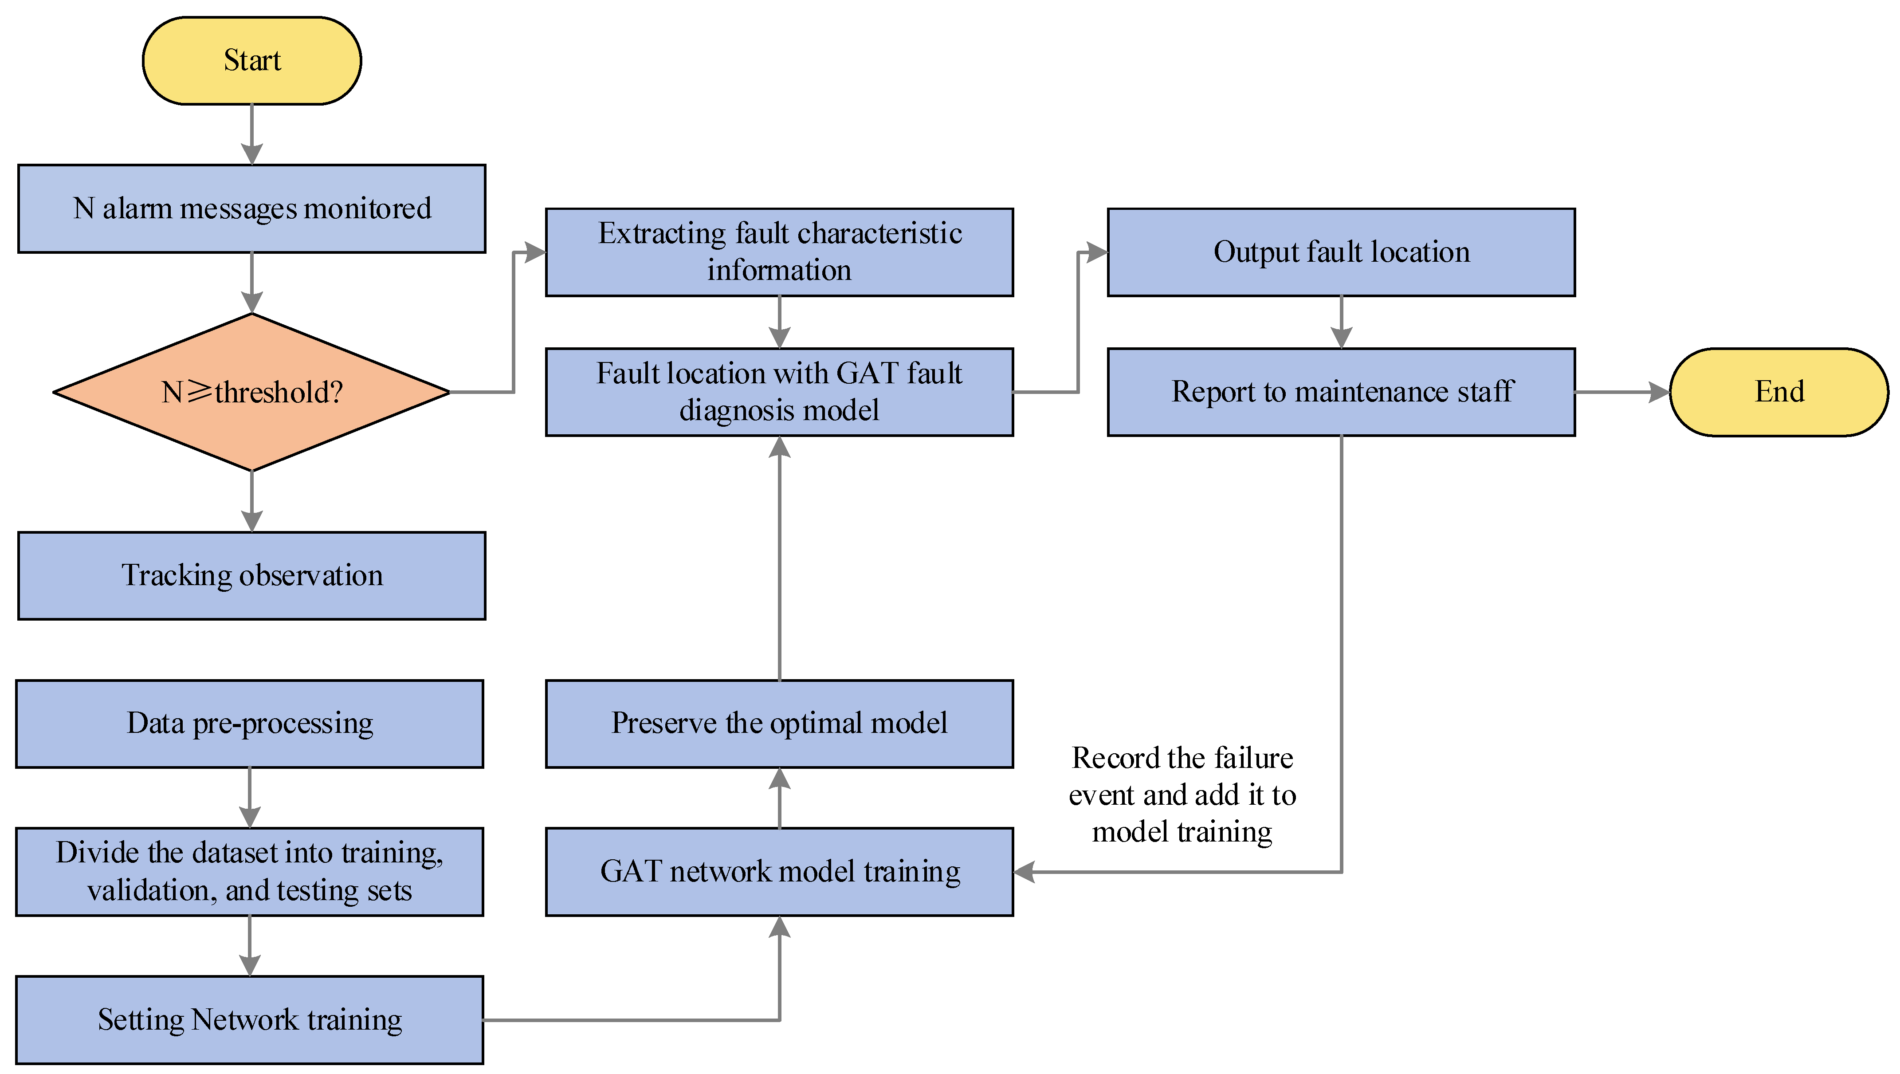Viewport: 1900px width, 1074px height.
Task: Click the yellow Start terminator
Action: pyautogui.click(x=251, y=60)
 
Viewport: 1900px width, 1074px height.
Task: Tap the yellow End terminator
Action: pyautogui.click(x=1778, y=392)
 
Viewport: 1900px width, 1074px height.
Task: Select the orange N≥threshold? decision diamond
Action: pyautogui.click(x=251, y=392)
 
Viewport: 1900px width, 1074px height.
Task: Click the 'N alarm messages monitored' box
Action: pyautogui.click(x=251, y=209)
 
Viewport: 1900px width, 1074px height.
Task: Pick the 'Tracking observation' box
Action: pyautogui.click(x=251, y=575)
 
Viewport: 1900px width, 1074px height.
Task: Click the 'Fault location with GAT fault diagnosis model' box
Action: pyautogui.click(x=779, y=392)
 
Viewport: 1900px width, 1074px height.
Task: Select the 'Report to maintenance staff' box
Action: pyautogui.click(x=1341, y=392)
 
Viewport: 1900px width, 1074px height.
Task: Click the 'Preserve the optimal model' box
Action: pyautogui.click(x=779, y=724)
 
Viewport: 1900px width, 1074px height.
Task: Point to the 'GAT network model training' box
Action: pyautogui.click(x=779, y=871)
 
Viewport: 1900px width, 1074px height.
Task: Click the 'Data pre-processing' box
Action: pyautogui.click(x=249, y=724)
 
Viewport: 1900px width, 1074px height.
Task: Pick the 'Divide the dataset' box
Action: pyautogui.click(x=249, y=871)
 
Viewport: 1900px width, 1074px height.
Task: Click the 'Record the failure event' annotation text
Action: pyautogui.click(x=1182, y=795)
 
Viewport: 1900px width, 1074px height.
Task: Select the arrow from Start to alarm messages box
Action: pyautogui.click(x=251, y=134)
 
